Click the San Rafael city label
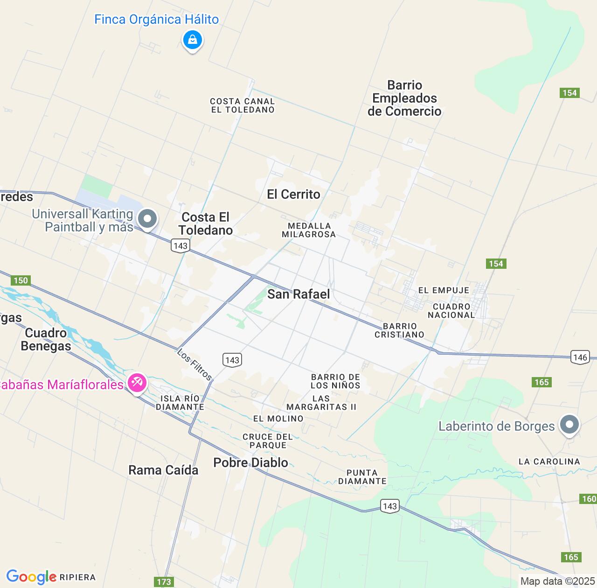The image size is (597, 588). pyautogui.click(x=298, y=294)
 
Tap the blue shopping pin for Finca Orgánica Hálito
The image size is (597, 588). pyautogui.click(x=192, y=40)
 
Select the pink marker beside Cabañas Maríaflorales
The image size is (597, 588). pyautogui.click(x=137, y=384)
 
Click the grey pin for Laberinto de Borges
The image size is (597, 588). pyautogui.click(x=569, y=425)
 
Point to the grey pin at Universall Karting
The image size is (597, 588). pyautogui.click(x=148, y=219)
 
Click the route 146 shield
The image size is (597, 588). pyautogui.click(x=580, y=357)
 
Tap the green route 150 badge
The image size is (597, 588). pyautogui.click(x=21, y=280)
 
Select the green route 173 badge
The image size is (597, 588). pyautogui.click(x=164, y=581)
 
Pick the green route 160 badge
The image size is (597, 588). pyautogui.click(x=589, y=499)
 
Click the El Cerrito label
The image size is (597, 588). pyautogui.click(x=293, y=194)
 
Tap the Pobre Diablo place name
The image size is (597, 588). pyautogui.click(x=250, y=462)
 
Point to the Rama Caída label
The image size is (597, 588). pyautogui.click(x=163, y=470)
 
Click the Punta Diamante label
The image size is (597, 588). pyautogui.click(x=362, y=477)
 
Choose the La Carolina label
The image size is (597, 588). pyautogui.click(x=549, y=462)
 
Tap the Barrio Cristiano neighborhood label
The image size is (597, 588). pyautogui.click(x=400, y=330)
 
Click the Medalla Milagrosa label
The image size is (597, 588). pyautogui.click(x=309, y=230)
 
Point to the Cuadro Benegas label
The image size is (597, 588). pyautogui.click(x=46, y=339)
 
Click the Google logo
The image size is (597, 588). pyautogui.click(x=31, y=577)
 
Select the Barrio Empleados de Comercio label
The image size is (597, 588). pyautogui.click(x=404, y=98)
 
